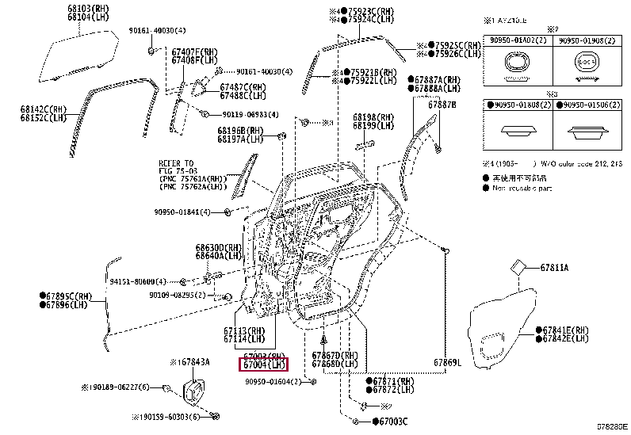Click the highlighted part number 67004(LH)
(x=264, y=365)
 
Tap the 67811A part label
(x=554, y=268)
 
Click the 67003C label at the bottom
(x=389, y=422)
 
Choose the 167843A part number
(x=189, y=362)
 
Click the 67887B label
(x=442, y=105)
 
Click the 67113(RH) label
(x=245, y=331)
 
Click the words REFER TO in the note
(x=175, y=163)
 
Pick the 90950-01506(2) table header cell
(x=588, y=105)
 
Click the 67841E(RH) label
(x=564, y=330)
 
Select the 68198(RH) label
(x=373, y=116)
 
